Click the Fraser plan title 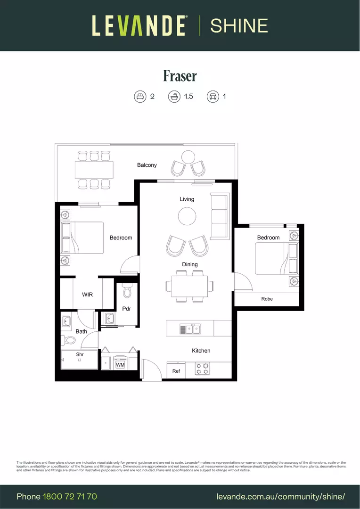[x=180, y=76]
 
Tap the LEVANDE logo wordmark [x=139, y=25]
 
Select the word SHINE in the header [x=239, y=25]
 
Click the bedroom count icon [x=140, y=97]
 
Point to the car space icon [x=213, y=97]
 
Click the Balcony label [x=147, y=165]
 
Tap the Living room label [x=187, y=199]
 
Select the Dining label [x=190, y=264]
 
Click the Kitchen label [x=201, y=351]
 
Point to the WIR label [x=87, y=295]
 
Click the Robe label [x=267, y=299]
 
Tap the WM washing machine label [x=120, y=365]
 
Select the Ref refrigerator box [x=176, y=371]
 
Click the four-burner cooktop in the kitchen [x=203, y=369]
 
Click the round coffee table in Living [x=187, y=217]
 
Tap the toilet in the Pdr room [x=126, y=292]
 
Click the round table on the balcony [x=188, y=156]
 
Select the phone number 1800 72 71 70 [x=70, y=496]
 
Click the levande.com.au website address [x=281, y=496]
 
